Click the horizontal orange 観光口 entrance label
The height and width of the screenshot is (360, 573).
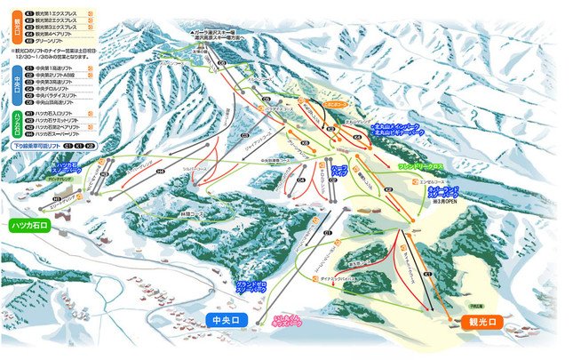479,322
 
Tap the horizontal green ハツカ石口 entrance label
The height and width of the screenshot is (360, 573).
34,226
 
